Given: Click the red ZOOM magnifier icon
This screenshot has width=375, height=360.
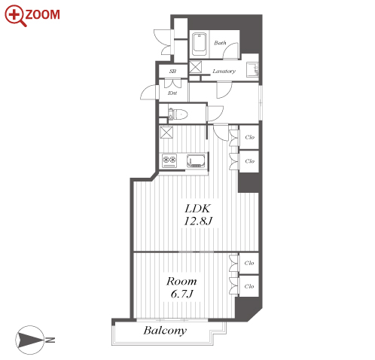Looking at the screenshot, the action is tap(14, 15).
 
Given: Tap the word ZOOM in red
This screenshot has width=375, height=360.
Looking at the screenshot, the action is tap(42, 14).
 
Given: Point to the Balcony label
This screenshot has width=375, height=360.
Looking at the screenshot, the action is tap(165, 331).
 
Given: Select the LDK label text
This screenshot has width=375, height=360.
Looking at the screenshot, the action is tap(198, 209).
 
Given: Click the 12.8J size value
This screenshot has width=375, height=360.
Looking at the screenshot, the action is tap(198, 221).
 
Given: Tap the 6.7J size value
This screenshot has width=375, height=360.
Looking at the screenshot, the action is tap(181, 294).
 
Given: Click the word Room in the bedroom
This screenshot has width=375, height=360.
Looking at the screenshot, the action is tap(181, 281).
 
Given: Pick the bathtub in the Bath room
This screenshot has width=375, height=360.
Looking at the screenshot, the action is tap(200, 45).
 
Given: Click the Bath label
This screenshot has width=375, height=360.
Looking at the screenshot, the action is tap(220, 43).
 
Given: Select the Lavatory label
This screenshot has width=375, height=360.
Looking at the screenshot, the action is tap(224, 72).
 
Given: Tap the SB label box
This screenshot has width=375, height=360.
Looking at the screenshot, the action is tap(172, 72).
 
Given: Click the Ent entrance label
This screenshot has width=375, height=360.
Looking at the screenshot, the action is tap(172, 93).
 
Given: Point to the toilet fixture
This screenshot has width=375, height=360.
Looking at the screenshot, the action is tap(178, 114).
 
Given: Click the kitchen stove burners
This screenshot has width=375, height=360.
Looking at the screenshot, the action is tap(169, 160).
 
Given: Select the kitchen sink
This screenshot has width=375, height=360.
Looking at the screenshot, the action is tap(197, 160).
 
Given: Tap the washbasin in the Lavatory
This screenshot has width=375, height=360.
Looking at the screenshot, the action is tap(252, 69).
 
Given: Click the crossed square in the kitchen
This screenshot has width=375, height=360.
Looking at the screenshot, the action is tap(166, 133).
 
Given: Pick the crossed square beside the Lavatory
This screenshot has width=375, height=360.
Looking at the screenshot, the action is tap(195, 67).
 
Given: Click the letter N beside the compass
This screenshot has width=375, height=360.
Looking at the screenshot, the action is tap(50, 340).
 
